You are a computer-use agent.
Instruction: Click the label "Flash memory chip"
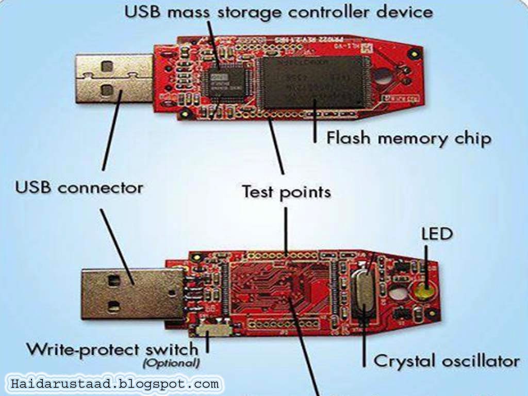(x=408, y=139)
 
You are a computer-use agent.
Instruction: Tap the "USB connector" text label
(x=79, y=187)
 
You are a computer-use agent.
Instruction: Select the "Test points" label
(x=286, y=192)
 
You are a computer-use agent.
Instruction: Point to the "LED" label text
(x=437, y=234)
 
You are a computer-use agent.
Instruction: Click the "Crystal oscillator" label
(x=446, y=361)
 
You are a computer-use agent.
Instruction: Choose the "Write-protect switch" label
(x=112, y=349)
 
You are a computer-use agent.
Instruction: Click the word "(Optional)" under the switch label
(x=171, y=363)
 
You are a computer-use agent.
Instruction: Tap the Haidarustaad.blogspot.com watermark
(x=114, y=384)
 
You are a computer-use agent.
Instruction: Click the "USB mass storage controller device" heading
(x=279, y=12)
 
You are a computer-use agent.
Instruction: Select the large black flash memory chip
(x=312, y=81)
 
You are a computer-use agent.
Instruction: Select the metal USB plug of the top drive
(x=114, y=78)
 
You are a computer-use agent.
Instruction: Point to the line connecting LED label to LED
(x=426, y=263)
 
